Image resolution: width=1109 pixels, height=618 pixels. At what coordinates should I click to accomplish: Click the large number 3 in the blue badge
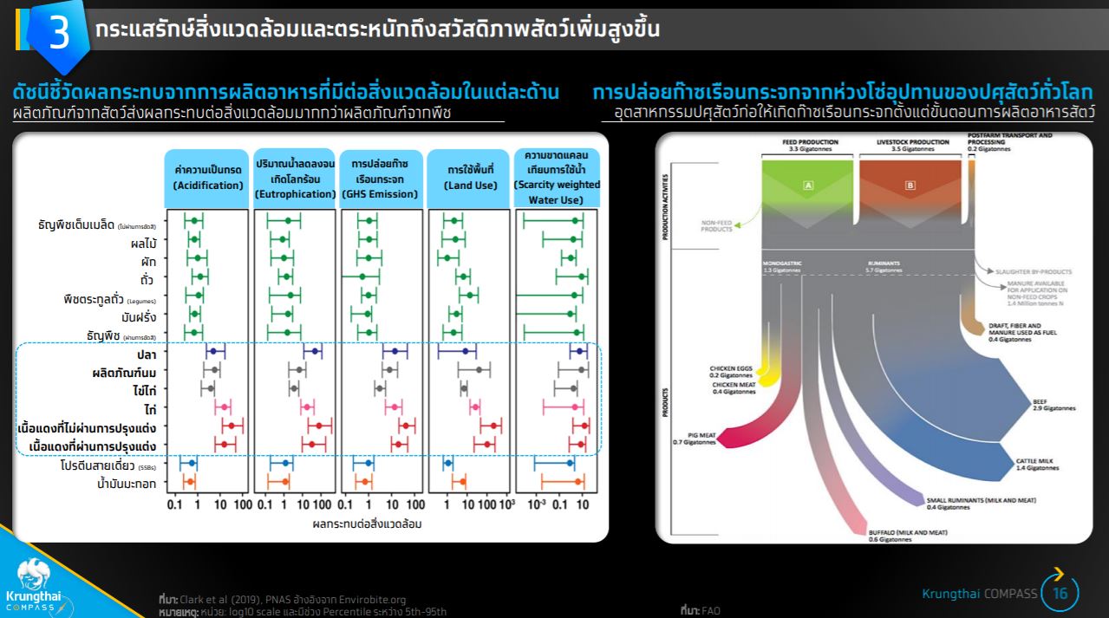coord(59,32)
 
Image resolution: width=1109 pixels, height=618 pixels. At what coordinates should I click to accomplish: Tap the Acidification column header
coord(208,179)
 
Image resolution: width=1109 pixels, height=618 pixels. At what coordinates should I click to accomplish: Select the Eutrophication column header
coord(295,179)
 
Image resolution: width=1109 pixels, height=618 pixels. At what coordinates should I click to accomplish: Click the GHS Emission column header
coord(380,179)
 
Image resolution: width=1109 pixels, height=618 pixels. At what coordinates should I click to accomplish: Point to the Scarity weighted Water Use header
coord(557,179)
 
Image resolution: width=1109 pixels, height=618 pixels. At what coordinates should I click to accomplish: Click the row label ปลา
coord(146,355)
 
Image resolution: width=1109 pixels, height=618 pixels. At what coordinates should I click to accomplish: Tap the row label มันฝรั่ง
coord(139,317)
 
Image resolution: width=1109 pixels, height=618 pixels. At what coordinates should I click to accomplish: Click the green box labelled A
coord(807,185)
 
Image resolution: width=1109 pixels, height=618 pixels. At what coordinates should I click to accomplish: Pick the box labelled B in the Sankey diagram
coord(909,185)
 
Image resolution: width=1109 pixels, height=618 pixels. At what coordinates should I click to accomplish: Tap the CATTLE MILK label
coord(1037,464)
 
